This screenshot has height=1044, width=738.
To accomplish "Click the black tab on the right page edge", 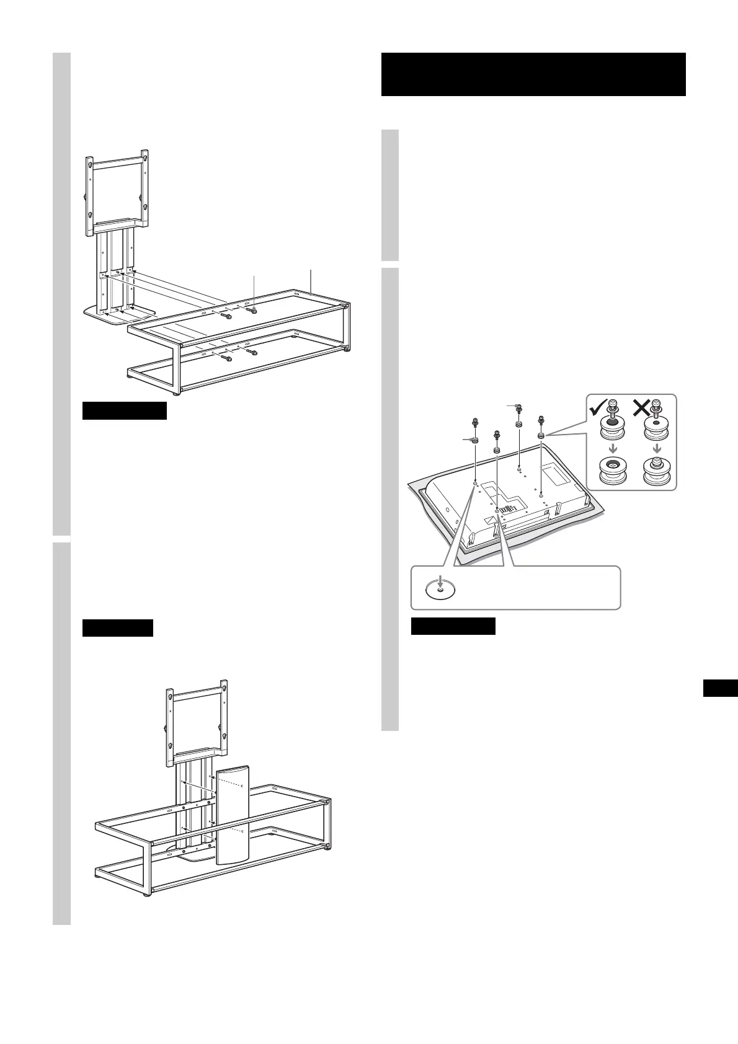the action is (721, 688).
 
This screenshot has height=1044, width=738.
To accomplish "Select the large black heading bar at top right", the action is (533, 74).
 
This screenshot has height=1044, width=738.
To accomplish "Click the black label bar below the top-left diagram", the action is (124, 410).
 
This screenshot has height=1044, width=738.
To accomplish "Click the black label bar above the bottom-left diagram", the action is (117, 627).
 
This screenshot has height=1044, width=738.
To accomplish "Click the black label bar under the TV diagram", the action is (453, 626).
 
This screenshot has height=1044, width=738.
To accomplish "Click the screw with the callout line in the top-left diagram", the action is (254, 307).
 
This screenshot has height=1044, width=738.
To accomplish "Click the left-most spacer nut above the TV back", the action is (475, 440).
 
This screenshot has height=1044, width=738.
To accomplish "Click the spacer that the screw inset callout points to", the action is (541, 436).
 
